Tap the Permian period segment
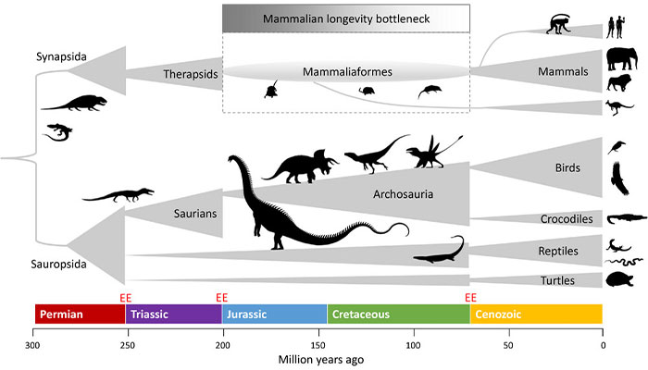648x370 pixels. pyautogui.click(x=79, y=314)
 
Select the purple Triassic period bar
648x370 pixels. pyautogui.click(x=173, y=314)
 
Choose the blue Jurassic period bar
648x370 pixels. pyautogui.click(x=274, y=314)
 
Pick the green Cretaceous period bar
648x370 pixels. pyautogui.click(x=398, y=314)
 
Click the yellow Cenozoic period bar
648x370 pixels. pyautogui.click(x=536, y=314)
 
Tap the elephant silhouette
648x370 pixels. pyautogui.click(x=619, y=59)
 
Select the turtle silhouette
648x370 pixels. pyautogui.click(x=619, y=279)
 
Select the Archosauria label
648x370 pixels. pyautogui.click(x=404, y=194)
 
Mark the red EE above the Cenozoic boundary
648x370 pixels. pyautogui.click(x=470, y=297)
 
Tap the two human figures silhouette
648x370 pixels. pyautogui.click(x=616, y=27)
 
